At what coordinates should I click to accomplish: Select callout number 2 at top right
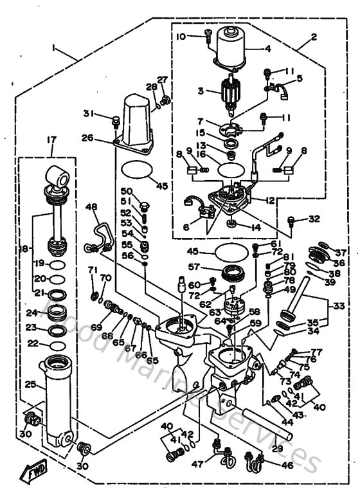314,37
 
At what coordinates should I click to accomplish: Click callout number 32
313,219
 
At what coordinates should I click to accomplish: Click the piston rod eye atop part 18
57,174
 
